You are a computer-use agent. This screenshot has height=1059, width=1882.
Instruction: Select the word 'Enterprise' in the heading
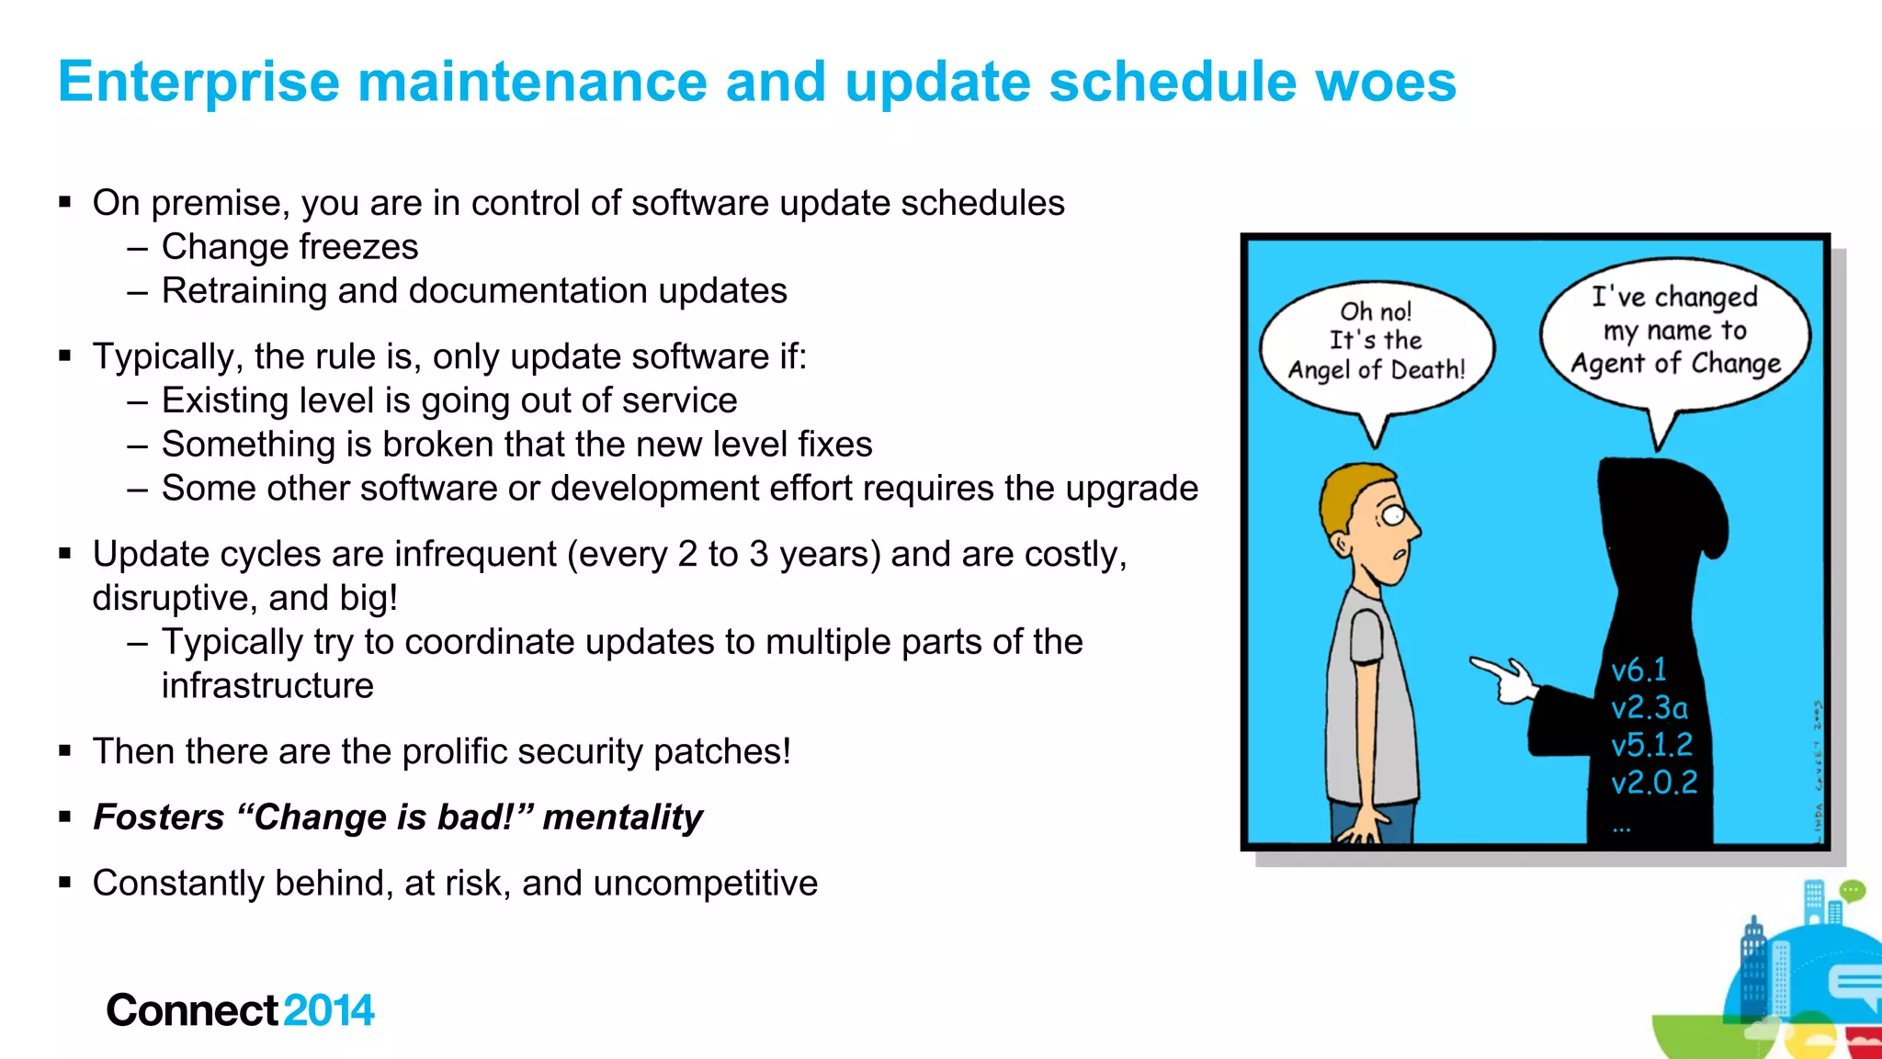[198, 83]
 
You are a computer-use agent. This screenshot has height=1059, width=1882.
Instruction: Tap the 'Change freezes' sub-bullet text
[289, 247]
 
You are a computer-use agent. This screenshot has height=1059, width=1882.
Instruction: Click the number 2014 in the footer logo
[328, 1010]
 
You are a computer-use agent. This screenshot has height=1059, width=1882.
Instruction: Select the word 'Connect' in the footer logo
[191, 1010]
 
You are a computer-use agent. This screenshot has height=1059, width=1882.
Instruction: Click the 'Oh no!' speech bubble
[1376, 342]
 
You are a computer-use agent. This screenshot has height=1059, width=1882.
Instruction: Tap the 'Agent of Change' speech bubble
[1674, 332]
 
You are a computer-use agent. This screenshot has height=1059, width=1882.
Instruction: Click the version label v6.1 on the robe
[1638, 670]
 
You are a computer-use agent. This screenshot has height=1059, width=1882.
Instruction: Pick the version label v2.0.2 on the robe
[1654, 782]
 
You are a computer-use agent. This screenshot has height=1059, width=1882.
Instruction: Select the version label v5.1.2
[1651, 744]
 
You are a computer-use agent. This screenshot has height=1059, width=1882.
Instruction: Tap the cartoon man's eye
[1393, 515]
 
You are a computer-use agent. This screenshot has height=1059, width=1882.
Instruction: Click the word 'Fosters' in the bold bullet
[159, 817]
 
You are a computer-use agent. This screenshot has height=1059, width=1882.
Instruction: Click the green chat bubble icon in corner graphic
[1852, 890]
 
